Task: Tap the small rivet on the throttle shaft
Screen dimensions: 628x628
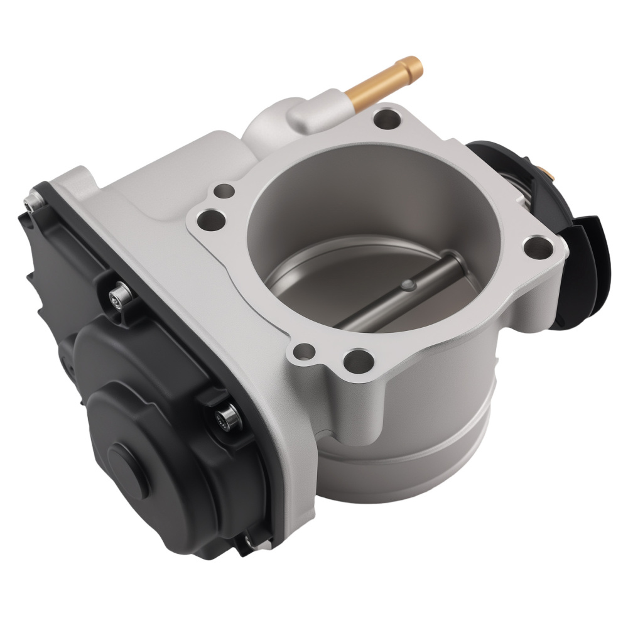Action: point(408,285)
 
